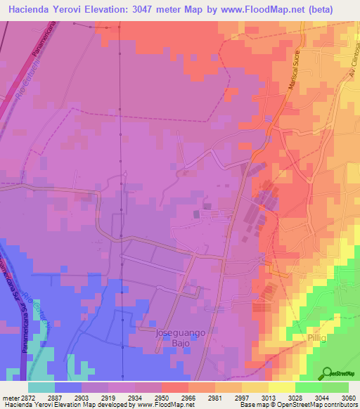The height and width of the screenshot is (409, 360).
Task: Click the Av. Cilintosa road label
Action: (x=347, y=63)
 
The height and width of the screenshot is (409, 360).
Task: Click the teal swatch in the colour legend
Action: (x=41, y=387)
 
